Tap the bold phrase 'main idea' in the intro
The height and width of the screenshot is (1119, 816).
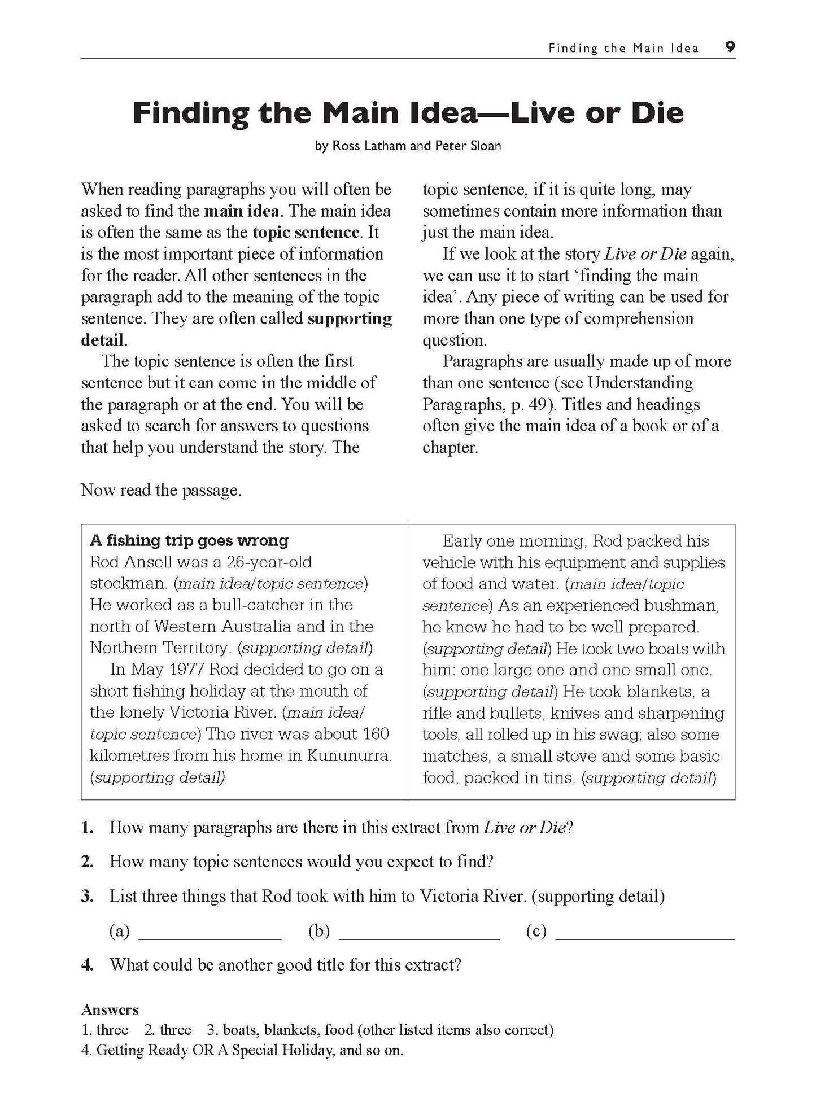point(241,211)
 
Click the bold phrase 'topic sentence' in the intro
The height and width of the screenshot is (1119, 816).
point(306,233)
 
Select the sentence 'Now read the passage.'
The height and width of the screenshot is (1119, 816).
point(162,490)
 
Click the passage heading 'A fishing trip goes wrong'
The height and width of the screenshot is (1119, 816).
point(189,540)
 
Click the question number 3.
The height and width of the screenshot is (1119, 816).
point(86,896)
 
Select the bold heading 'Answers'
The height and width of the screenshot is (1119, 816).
point(110,1009)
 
